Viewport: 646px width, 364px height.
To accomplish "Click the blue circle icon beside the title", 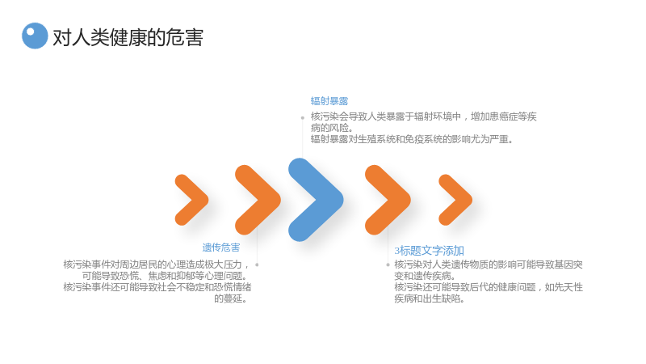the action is click(35, 36).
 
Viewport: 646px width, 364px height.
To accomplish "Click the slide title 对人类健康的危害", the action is click(128, 37).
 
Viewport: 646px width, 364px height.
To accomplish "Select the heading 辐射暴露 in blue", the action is click(329, 101).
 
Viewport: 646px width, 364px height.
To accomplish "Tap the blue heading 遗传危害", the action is click(220, 248).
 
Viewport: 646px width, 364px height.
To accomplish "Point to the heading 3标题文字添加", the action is click(429, 251).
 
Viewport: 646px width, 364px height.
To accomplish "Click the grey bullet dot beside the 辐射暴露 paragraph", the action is click(302, 117).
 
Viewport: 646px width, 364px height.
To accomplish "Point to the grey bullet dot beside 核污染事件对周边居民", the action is click(257, 265).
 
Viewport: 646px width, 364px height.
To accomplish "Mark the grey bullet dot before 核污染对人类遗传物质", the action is click(388, 265).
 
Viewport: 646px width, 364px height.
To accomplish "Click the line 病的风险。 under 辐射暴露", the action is click(332, 128).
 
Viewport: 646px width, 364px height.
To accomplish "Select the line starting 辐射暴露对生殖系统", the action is click(412, 139).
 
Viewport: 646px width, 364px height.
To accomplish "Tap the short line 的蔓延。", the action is click(232, 298).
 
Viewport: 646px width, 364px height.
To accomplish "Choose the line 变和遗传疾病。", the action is click(425, 276).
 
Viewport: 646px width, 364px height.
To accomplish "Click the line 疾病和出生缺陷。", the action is click(430, 298).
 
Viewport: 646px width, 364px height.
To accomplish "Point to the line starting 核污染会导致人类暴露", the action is click(423, 116).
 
